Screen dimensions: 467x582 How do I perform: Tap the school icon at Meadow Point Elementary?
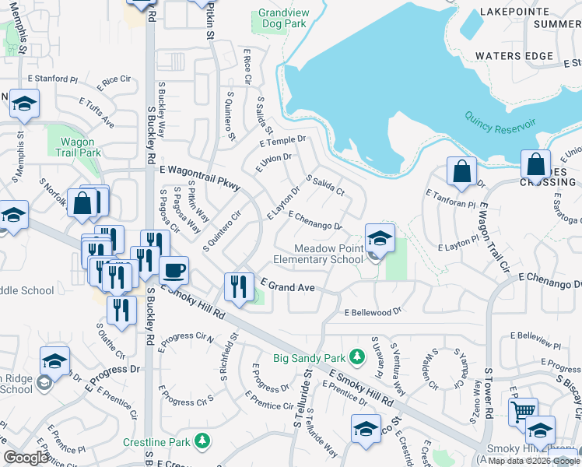tap(380, 238)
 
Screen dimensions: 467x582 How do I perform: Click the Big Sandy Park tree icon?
tap(357, 357)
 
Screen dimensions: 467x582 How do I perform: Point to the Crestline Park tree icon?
tap(202, 441)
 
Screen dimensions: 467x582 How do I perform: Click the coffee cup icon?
tap(173, 269)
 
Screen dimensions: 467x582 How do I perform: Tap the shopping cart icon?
tap(523, 410)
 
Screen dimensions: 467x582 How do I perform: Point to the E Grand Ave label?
tap(287, 287)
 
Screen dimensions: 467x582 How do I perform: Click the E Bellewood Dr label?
tap(373, 312)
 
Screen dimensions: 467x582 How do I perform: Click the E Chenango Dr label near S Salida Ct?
tap(315, 220)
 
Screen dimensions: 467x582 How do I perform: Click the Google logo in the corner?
tap(26, 457)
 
